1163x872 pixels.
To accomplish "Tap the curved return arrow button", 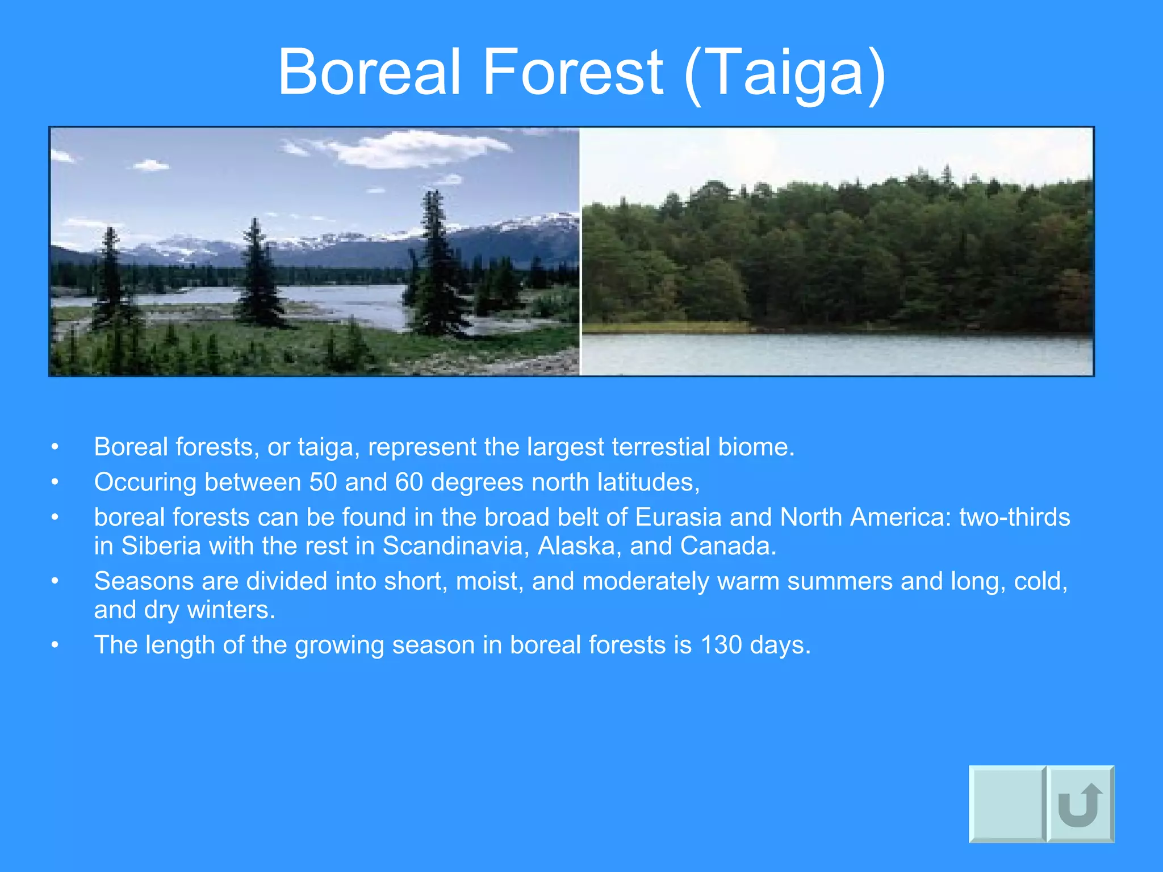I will coord(1080,804).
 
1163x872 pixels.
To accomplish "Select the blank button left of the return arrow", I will coord(1007,804).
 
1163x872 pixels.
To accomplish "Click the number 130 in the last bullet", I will coord(721,645).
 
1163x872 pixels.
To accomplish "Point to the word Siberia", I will coord(161,546).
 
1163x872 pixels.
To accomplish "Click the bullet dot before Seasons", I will coord(55,581).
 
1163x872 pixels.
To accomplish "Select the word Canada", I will coord(728,546).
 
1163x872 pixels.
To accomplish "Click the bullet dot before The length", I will coord(55,645).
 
